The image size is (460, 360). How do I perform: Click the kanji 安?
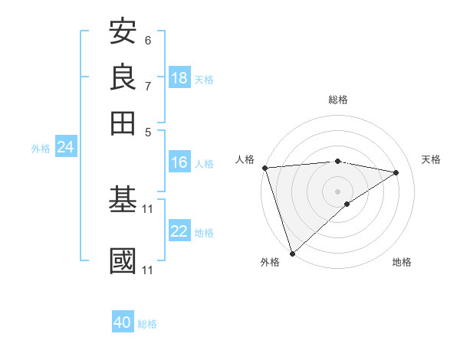pos(123,32)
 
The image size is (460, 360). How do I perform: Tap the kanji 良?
pos(123,77)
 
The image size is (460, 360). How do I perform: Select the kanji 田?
pos(123,122)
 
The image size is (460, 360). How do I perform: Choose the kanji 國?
pos(123,260)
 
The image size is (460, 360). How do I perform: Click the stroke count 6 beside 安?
pos(148,40)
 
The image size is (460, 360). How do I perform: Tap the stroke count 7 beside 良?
pos(148,85)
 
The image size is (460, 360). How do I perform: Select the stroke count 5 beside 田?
pos(148,130)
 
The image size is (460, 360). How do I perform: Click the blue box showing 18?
pos(179,78)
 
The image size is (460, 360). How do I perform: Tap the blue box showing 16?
pos(179,162)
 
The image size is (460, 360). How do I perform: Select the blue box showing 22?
pos(179,232)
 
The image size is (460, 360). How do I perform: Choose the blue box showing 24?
pos(65,148)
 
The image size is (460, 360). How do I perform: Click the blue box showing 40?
pos(123,323)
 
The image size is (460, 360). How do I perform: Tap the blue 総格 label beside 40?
pos(147,324)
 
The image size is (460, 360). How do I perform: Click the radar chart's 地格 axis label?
pos(402,262)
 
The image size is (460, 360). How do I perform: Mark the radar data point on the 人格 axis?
pos(264,168)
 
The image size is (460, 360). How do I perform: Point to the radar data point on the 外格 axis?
pos(292,253)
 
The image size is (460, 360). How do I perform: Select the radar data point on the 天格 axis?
pos(396,172)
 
